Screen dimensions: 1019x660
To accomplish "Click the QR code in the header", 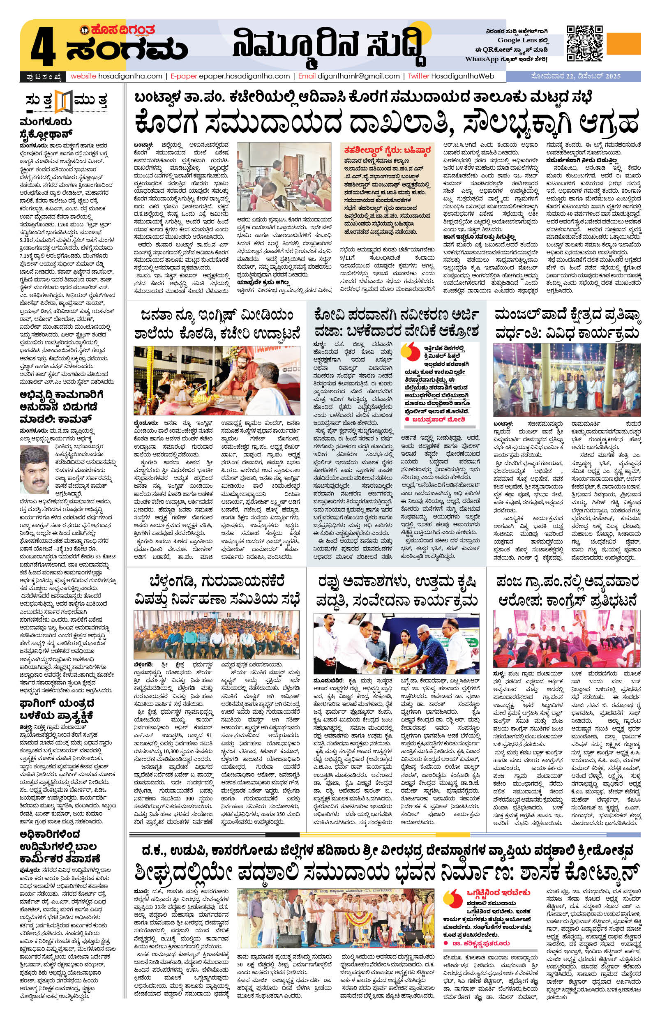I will coord(585,43).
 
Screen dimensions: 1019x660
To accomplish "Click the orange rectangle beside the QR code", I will coord(624,44).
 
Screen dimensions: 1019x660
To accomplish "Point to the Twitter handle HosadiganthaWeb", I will coord(465,76).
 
